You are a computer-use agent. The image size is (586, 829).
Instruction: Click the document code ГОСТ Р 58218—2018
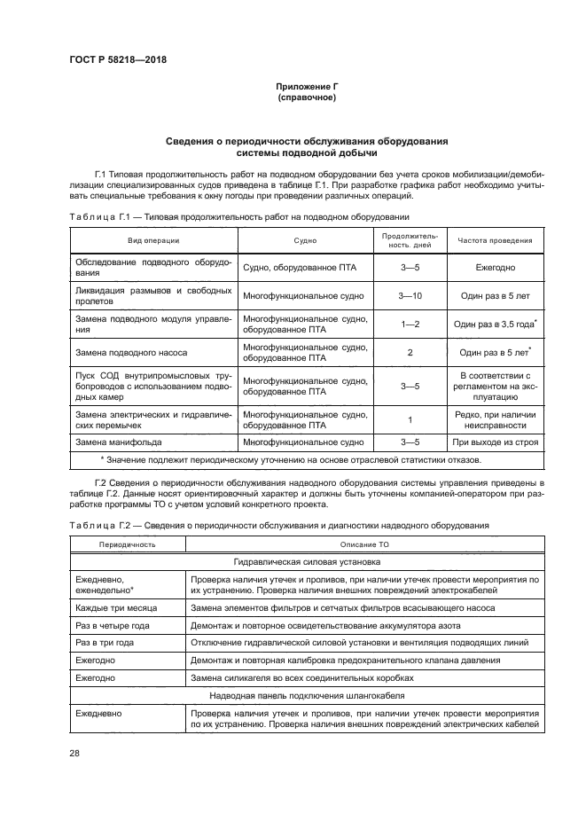[117, 59]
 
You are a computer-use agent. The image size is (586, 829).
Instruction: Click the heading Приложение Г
[307, 85]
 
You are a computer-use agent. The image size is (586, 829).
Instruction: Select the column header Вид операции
[153, 240]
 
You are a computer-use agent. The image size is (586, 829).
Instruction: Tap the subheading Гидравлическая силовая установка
[307, 561]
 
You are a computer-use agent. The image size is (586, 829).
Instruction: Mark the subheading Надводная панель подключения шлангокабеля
[307, 695]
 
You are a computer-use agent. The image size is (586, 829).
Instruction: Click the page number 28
[74, 753]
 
